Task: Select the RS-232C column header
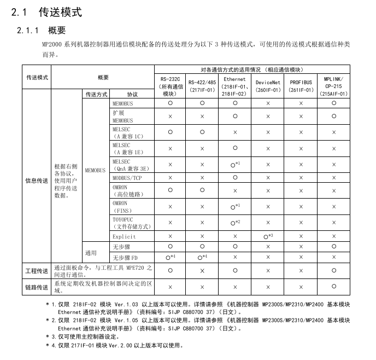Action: (x=171, y=86)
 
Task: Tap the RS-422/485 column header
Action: (x=202, y=86)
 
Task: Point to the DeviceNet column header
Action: (x=268, y=86)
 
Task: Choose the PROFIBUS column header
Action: (x=301, y=86)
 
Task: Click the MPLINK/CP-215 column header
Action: (x=334, y=86)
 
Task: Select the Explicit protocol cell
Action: (x=124, y=237)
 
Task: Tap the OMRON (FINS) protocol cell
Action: (x=122, y=206)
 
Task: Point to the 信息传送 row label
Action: (x=37, y=181)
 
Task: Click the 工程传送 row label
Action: (x=37, y=270)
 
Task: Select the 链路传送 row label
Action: (x=37, y=287)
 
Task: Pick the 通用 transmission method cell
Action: (x=91, y=252)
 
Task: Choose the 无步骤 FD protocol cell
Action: (x=125, y=257)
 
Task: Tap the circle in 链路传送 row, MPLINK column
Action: (x=334, y=286)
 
